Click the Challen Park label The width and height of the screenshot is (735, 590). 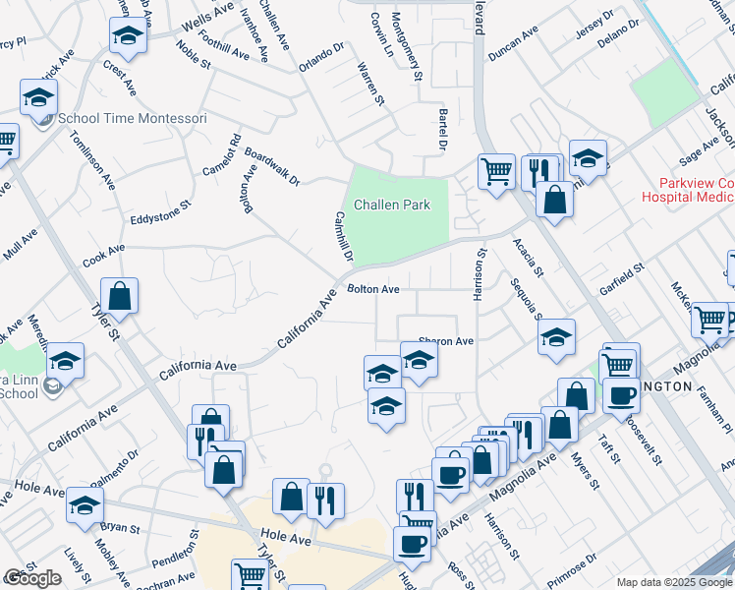coord(392,206)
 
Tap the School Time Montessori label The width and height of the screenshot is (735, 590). coord(133,119)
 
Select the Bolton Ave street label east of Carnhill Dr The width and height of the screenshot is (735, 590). coord(373,289)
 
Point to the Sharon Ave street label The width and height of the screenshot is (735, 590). coord(447,341)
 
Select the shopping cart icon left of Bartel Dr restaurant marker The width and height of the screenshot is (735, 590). coord(497,171)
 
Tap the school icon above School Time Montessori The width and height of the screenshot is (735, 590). coord(38,97)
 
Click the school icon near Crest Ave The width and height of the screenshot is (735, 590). coord(127,36)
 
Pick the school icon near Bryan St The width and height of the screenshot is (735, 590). coord(85,505)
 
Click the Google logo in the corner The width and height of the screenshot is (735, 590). coord(32,578)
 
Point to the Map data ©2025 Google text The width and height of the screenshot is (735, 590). coord(672,582)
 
